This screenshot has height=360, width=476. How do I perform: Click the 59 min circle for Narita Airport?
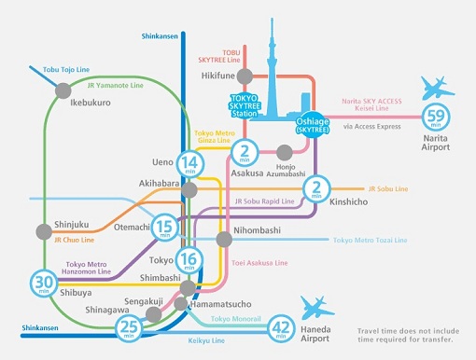pos(434,118)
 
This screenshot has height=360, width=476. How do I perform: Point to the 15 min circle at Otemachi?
pos(165,227)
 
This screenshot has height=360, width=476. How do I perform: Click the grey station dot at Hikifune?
pos(244,74)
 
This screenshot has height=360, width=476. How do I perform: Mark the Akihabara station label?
pos(160,185)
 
